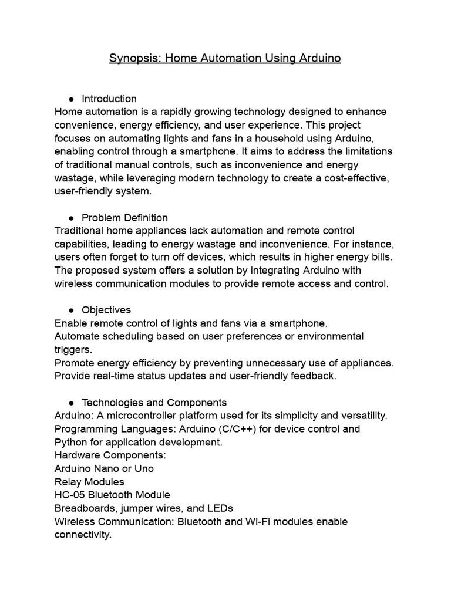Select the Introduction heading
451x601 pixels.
point(109,99)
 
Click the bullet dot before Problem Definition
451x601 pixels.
point(71,218)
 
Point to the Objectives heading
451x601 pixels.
point(106,310)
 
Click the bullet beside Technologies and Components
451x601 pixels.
point(71,403)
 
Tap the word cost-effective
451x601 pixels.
point(358,178)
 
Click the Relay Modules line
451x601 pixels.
point(89,482)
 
